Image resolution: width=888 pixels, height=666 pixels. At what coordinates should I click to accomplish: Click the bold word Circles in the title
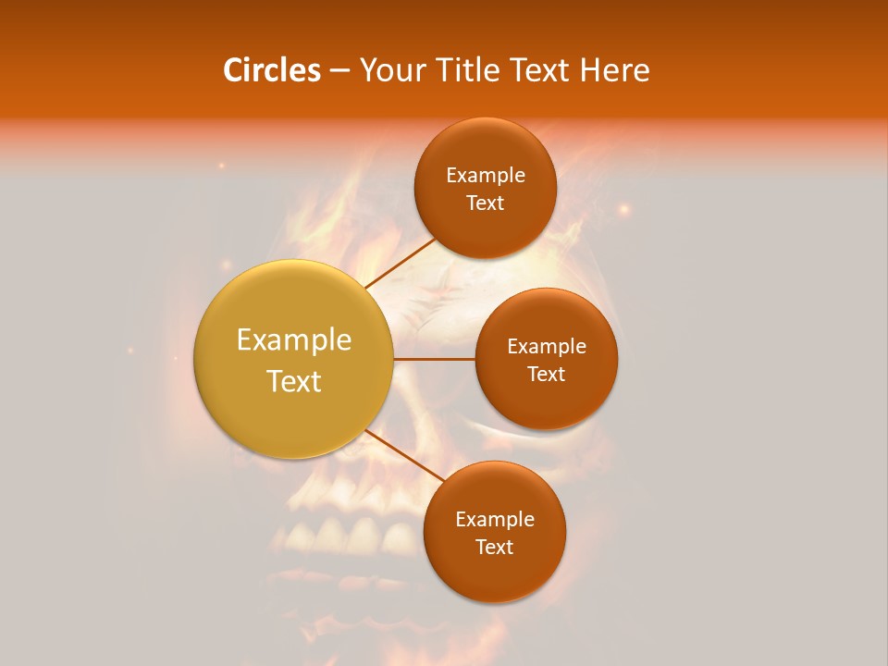pyautogui.click(x=272, y=70)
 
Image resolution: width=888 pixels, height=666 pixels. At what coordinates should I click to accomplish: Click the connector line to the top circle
pyautogui.click(x=401, y=264)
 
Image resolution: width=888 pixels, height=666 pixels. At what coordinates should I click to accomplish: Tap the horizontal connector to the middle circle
pyautogui.click(x=435, y=359)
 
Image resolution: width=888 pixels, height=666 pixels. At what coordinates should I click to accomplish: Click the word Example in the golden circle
pyautogui.click(x=293, y=340)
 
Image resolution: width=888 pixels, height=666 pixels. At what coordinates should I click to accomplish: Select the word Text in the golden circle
pyautogui.click(x=293, y=381)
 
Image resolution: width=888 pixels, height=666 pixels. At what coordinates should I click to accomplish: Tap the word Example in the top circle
pyautogui.click(x=485, y=175)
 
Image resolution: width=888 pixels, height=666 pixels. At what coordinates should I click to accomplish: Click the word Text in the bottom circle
pyautogui.click(x=494, y=547)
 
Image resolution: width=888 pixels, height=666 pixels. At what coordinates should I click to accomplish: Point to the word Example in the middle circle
pyautogui.click(x=547, y=346)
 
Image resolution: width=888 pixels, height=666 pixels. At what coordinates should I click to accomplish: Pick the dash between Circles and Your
pyautogui.click(x=339, y=71)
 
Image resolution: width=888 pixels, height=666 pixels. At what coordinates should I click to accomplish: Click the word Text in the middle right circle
pyautogui.click(x=547, y=374)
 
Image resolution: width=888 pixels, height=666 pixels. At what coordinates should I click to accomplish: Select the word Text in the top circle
pyautogui.click(x=485, y=203)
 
